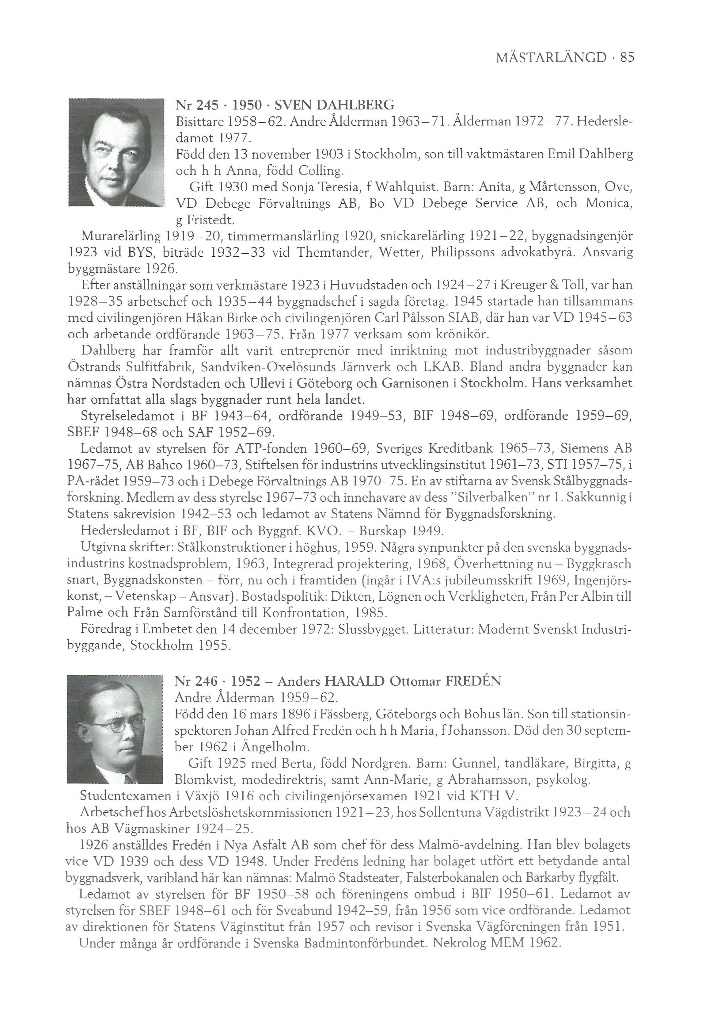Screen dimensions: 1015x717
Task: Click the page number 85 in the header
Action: [x=627, y=57]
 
